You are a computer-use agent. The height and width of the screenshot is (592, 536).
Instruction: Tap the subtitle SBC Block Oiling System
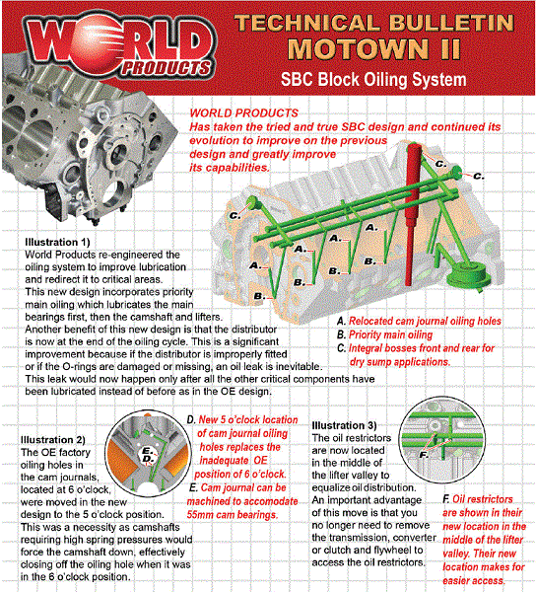click(x=377, y=81)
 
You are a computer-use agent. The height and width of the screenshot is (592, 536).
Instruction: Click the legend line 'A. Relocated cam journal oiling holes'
click(x=419, y=322)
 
